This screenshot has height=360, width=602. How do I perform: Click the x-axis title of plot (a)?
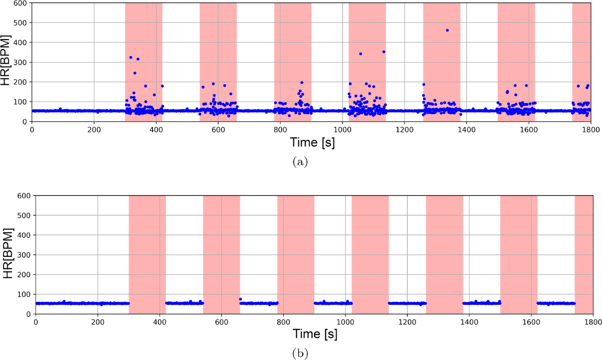pos(312,143)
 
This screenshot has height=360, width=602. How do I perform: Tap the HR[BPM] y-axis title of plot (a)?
pos(9,62)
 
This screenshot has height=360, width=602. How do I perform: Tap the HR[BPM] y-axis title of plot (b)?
pos(9,255)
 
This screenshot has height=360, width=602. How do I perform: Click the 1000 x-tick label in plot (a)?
pos(343,129)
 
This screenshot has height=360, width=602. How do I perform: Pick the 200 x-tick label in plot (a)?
pos(94,129)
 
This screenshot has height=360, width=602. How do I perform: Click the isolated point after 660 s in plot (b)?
pos(240,299)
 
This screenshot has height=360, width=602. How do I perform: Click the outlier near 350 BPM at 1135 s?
pos(384,52)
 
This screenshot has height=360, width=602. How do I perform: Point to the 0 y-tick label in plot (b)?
pos(28,314)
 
